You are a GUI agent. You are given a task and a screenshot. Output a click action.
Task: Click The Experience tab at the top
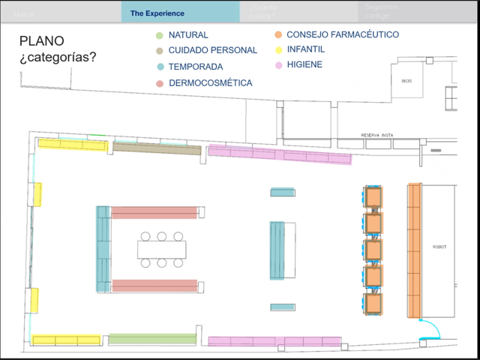[x=157, y=13]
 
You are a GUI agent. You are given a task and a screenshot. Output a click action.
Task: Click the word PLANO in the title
[x=41, y=41]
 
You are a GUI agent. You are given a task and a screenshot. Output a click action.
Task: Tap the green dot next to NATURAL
[x=159, y=35]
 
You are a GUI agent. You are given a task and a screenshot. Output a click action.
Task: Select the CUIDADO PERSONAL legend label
[x=212, y=50]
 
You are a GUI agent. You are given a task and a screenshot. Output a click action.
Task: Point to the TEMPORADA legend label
[x=195, y=67]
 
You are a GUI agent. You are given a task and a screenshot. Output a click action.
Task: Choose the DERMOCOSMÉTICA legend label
[x=211, y=82]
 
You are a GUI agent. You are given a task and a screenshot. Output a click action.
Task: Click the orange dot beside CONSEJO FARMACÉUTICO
[x=277, y=34]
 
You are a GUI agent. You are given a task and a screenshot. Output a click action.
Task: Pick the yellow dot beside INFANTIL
[x=277, y=49]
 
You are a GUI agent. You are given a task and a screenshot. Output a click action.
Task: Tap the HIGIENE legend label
[x=304, y=64]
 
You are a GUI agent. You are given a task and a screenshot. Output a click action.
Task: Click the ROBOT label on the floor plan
[x=439, y=247]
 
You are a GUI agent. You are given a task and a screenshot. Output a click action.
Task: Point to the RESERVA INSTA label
[x=377, y=135]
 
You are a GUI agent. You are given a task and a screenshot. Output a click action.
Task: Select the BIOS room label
[x=406, y=80]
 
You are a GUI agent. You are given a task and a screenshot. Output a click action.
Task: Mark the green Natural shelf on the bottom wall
[x=142, y=339]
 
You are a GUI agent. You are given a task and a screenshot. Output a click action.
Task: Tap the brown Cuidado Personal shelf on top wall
[x=157, y=148]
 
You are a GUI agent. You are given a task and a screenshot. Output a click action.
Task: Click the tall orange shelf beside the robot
[x=414, y=250]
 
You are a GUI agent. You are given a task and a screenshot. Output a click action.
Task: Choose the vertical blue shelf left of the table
[x=103, y=248]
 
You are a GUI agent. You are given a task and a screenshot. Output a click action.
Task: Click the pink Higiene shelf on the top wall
[x=279, y=154]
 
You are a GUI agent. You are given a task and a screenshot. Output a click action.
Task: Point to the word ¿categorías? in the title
[x=58, y=57]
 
